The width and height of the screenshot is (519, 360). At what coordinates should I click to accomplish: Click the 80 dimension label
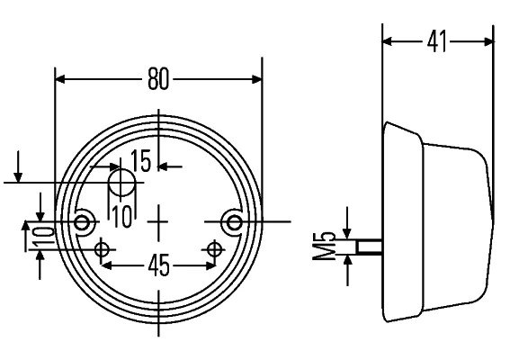coord(158,79)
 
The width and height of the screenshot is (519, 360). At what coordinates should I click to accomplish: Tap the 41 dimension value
coord(437,41)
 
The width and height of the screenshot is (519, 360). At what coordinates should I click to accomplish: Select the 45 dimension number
coord(158,268)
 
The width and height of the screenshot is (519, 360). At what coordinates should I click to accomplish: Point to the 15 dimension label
coord(141,162)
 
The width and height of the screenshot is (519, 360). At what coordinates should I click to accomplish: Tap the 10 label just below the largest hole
coord(121,214)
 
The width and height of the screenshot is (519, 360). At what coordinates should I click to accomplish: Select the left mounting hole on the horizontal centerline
coord(85,221)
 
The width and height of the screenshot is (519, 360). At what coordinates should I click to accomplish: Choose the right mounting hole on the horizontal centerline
coord(234,221)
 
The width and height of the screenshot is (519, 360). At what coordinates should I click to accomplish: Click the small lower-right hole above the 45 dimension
coord(214,248)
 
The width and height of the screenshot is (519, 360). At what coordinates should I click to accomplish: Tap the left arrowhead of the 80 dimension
coord(61,79)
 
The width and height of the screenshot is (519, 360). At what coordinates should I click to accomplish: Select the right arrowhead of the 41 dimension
coord(488,41)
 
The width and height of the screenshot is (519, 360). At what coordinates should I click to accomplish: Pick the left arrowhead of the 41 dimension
coord(389,41)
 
